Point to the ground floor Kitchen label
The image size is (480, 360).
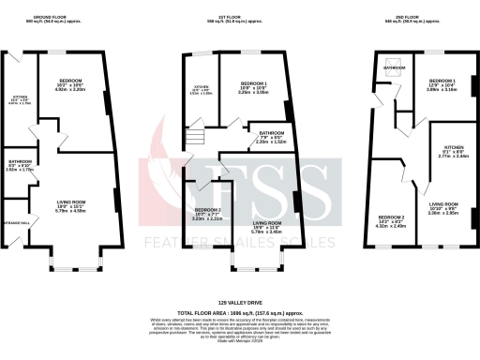click(x=21, y=98)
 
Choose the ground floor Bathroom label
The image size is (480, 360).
click(x=19, y=162)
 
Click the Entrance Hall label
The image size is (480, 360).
click(x=19, y=222)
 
